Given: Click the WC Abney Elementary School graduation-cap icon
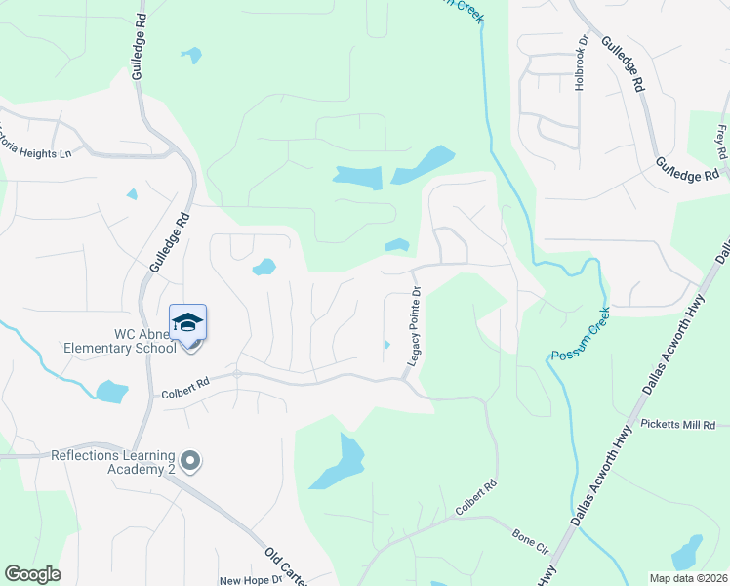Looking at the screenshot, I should pyautogui.click(x=187, y=321).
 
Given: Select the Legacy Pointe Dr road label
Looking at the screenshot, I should pyautogui.click(x=414, y=327).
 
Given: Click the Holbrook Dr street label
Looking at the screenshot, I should pyautogui.click(x=581, y=63).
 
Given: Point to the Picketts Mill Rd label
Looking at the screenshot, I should pyautogui.click(x=678, y=425).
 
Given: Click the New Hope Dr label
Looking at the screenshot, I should pyautogui.click(x=250, y=580).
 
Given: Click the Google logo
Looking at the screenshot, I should pyautogui.click(x=32, y=574).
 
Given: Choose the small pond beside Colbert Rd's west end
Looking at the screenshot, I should pyautogui.click(x=111, y=392).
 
